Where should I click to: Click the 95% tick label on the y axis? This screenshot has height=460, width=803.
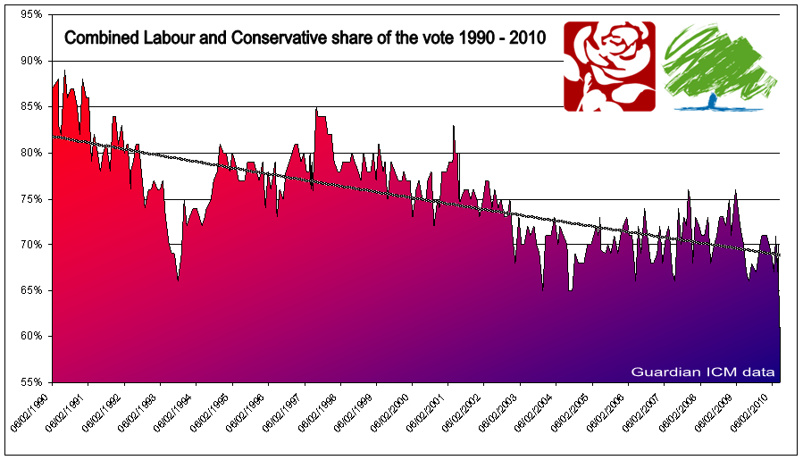tap(31, 15)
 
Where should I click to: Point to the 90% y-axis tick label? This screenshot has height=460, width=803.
tap(31, 61)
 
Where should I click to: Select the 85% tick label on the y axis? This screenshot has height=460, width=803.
tap(31, 106)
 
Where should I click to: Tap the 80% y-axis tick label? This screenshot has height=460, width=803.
tap(31, 153)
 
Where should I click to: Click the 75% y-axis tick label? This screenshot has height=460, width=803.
tap(31, 198)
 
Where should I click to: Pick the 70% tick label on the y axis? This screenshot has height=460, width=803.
tap(31, 245)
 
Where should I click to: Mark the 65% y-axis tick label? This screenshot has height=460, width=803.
tap(31, 290)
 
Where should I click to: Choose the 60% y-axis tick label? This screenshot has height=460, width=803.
tap(31, 337)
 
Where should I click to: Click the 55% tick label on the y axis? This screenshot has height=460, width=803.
tap(31, 382)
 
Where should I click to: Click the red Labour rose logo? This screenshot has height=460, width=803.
tap(609, 66)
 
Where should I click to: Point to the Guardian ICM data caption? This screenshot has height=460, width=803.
tap(702, 371)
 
